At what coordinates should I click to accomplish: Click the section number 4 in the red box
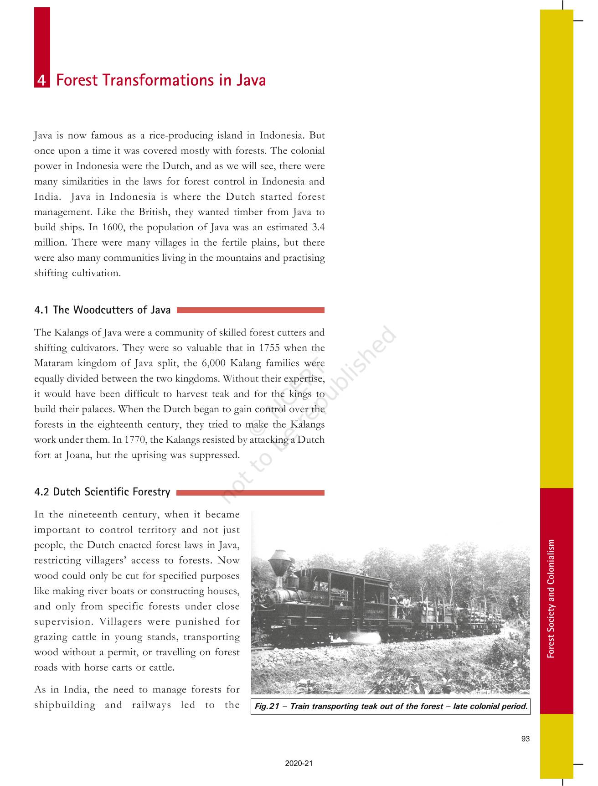coord(41,81)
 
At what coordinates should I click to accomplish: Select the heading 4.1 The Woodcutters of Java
coord(102,310)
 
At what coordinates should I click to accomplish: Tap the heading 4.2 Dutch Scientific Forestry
coord(102,492)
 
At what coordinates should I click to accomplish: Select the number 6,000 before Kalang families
coord(214,363)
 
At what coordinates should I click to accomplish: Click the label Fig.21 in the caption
coord(266,706)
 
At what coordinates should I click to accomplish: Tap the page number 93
coord(525,739)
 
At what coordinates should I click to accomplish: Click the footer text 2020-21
coord(299,763)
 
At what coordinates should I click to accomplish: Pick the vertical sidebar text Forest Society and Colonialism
coord(551,598)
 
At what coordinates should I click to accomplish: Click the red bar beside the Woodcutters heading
coord(250,310)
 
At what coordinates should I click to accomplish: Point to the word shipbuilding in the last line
coord(65,705)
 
